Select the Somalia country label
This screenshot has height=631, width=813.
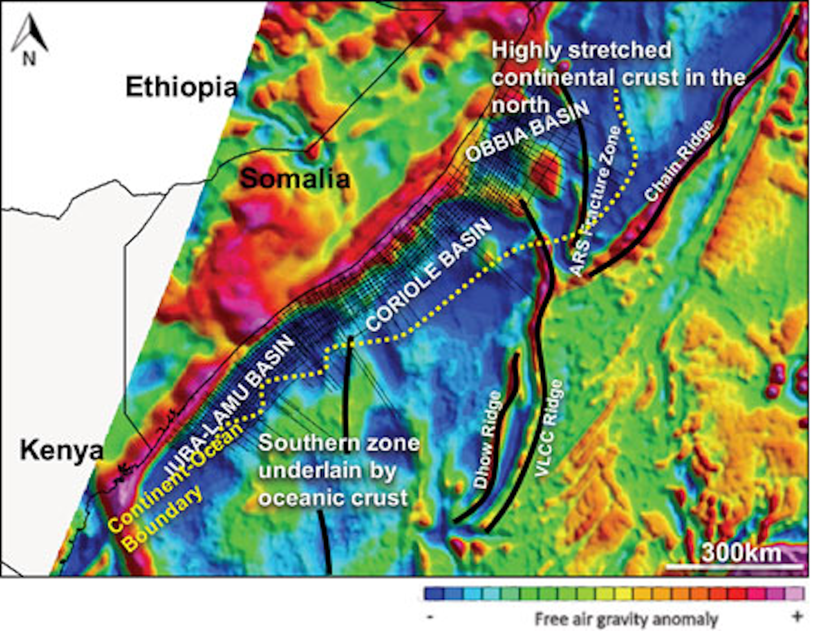(x=295, y=179)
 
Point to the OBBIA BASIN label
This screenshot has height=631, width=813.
(x=527, y=131)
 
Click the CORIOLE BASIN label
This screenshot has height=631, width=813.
(x=429, y=275)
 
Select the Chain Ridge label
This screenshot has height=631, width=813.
(x=680, y=161)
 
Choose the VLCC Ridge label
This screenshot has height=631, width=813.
(x=549, y=428)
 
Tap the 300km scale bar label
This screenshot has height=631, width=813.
(x=741, y=552)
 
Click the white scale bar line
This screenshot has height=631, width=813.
(x=735, y=566)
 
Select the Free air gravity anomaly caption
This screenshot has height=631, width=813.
(x=627, y=619)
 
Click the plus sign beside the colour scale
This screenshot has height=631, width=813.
(x=797, y=616)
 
